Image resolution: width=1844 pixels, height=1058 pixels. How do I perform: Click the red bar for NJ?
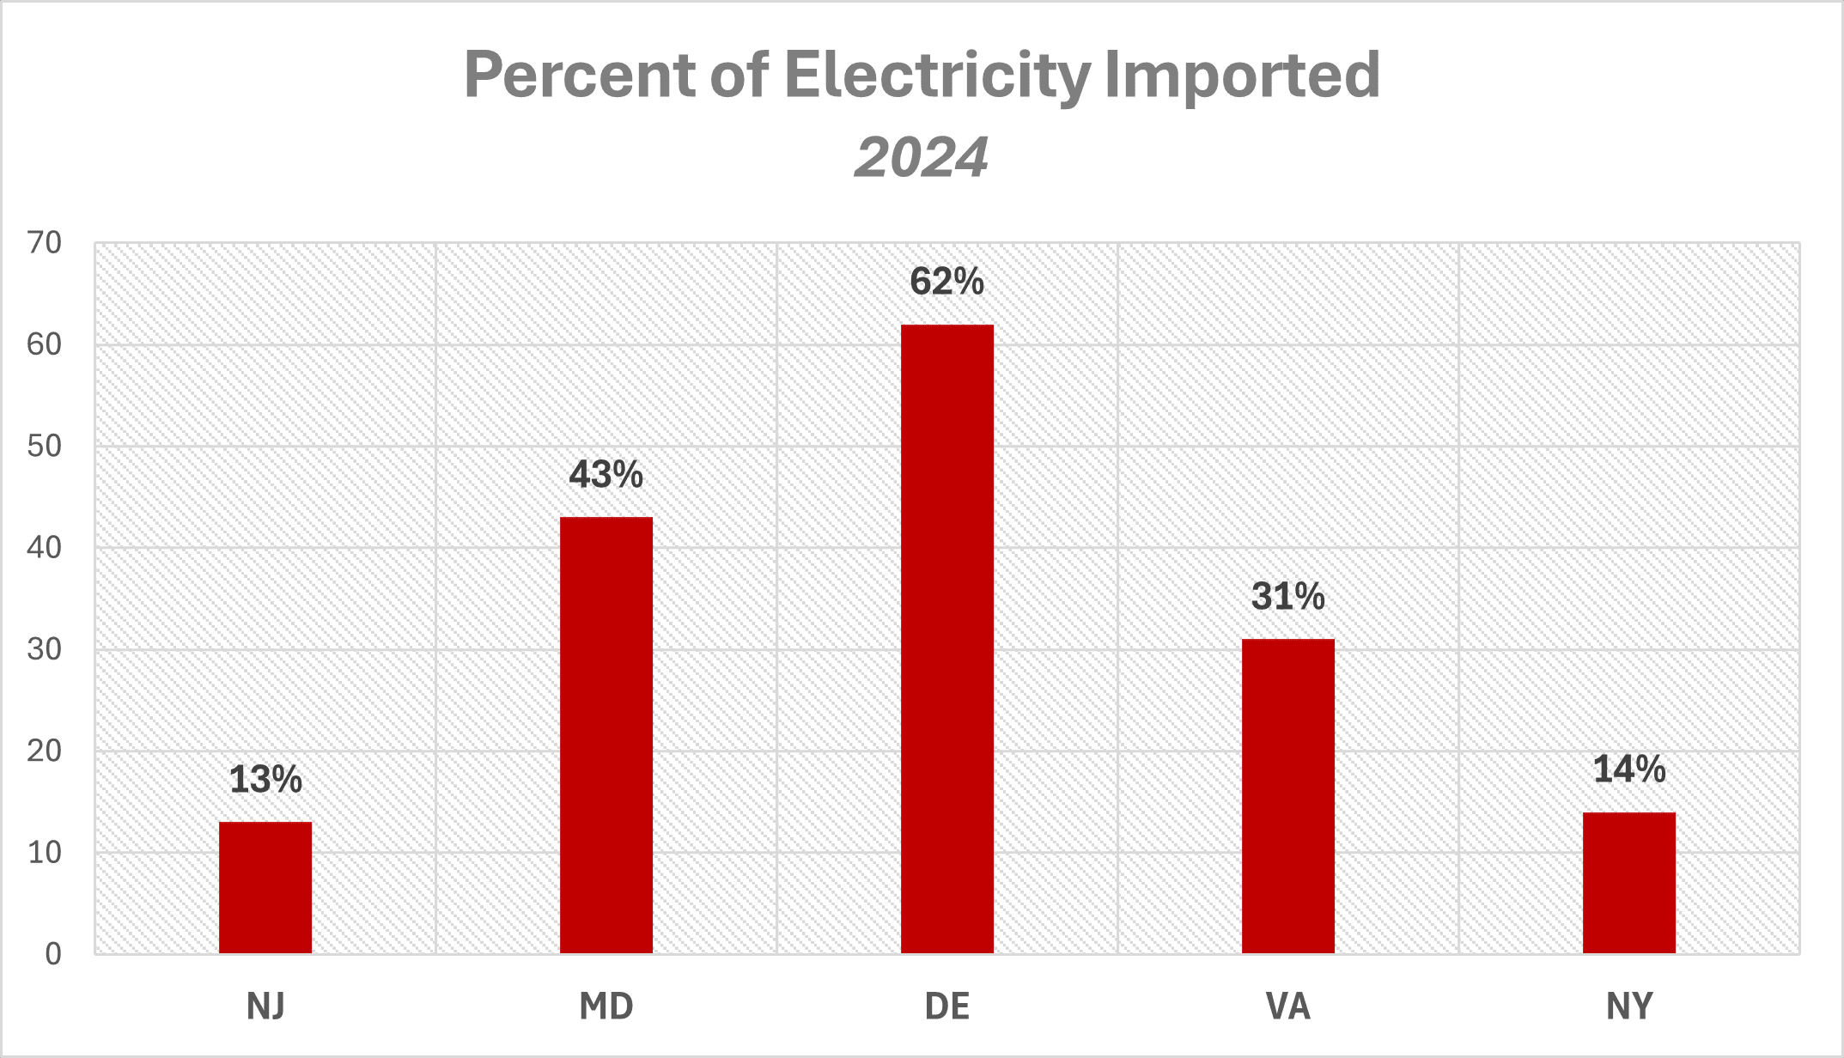point(265,887)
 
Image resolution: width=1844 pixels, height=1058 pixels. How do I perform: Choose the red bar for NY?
point(1629,882)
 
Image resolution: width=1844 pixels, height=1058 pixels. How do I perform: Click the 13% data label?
point(265,780)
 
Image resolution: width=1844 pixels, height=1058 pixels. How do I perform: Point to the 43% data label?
point(606,475)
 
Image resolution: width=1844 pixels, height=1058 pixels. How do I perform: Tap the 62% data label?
point(947,282)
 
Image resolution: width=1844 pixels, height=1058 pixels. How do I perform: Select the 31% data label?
point(1288,597)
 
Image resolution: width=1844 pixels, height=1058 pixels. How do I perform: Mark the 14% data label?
point(1629,769)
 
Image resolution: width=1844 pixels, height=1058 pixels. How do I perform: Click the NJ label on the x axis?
point(265,1006)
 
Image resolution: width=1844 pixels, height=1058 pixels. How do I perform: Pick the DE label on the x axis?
point(947,1006)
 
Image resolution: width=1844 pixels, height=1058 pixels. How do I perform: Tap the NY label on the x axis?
point(1629,1006)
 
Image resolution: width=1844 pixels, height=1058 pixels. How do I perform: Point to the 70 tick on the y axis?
point(45,243)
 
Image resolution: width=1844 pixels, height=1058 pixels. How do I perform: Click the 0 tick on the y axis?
point(53,953)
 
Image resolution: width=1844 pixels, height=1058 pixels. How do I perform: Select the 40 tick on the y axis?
point(45,548)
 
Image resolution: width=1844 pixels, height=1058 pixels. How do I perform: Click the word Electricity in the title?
point(937,76)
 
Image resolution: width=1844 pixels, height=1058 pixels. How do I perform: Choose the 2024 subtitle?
point(922,158)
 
